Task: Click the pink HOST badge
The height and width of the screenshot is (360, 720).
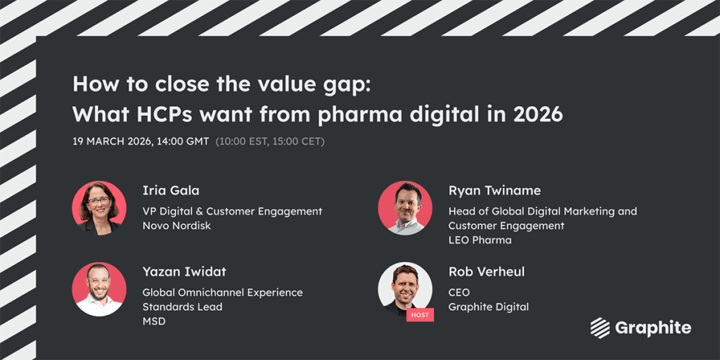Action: (x=420, y=314)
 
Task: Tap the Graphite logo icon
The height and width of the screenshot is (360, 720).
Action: (x=600, y=328)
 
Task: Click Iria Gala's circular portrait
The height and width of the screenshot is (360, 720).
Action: (x=99, y=208)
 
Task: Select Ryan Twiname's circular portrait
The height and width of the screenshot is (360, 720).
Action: (x=405, y=208)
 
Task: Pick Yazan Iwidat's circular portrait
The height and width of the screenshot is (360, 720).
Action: (x=99, y=289)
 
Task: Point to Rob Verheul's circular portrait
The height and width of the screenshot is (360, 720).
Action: (x=405, y=289)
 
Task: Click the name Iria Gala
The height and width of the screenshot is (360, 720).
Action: (x=171, y=191)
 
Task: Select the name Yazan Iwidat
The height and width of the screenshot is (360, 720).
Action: (x=184, y=272)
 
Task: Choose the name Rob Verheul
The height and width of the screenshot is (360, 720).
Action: (x=487, y=272)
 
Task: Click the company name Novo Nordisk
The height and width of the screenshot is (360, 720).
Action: (x=176, y=226)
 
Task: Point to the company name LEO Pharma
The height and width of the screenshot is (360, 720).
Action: (x=480, y=240)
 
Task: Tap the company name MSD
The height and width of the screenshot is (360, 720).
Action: (x=154, y=321)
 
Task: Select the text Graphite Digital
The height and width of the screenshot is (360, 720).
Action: (x=489, y=307)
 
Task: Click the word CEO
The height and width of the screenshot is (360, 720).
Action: (x=459, y=292)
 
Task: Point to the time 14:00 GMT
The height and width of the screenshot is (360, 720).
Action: (x=183, y=141)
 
